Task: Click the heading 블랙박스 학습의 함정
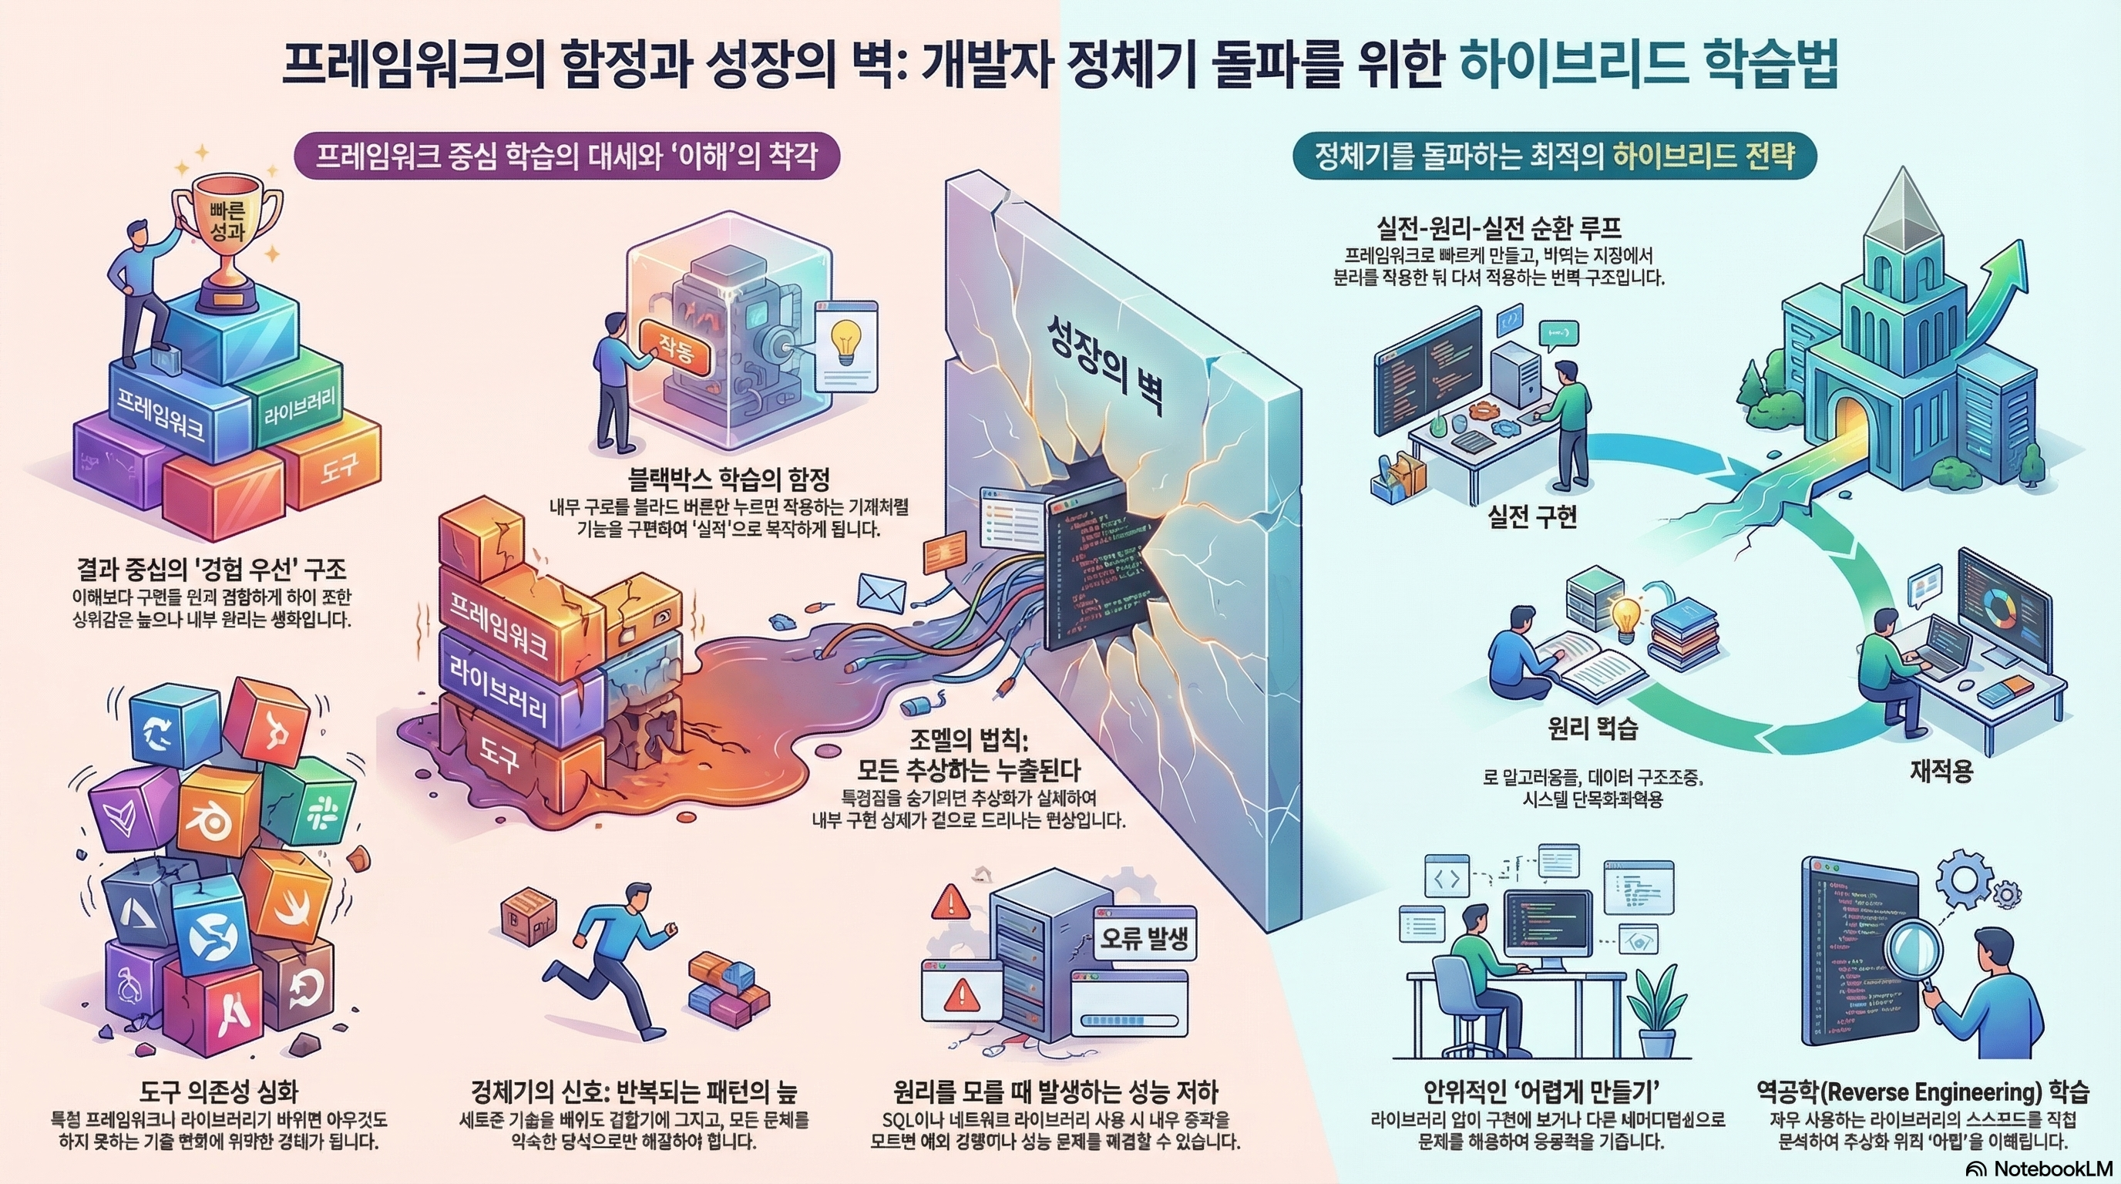tap(728, 479)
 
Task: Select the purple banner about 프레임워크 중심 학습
tap(566, 156)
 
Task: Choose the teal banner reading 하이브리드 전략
tap(1555, 156)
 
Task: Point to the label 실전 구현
tap(1531, 517)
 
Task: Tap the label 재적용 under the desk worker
tap(1941, 772)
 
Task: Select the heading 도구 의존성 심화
tap(218, 1091)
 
